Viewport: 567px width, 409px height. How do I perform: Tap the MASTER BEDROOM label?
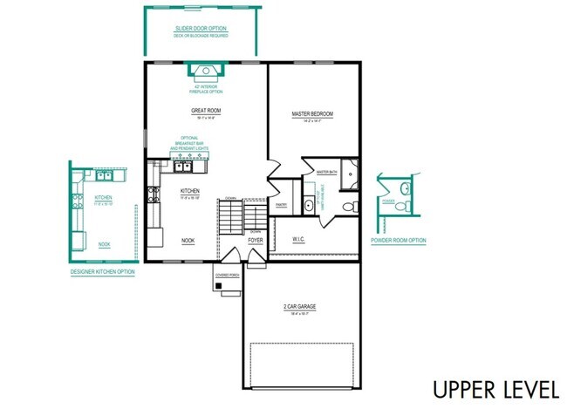point(312,114)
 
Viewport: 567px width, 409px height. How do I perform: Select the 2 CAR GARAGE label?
point(299,306)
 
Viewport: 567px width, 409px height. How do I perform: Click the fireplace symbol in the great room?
point(206,72)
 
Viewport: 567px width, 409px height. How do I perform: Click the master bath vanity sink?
point(309,207)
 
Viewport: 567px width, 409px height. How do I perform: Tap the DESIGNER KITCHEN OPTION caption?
point(103,271)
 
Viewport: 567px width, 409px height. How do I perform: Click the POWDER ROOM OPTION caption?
point(399,240)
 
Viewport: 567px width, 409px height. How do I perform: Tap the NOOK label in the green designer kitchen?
point(104,245)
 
